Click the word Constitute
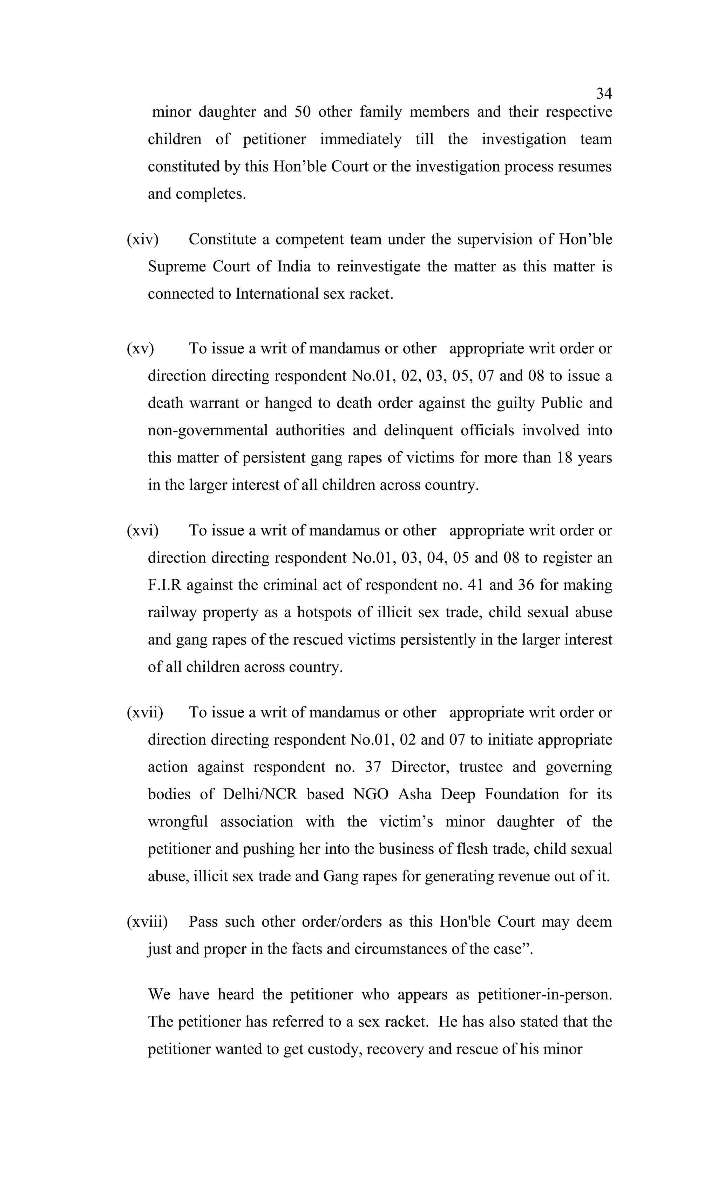click(222, 239)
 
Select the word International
click(277, 294)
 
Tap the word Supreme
click(176, 267)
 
